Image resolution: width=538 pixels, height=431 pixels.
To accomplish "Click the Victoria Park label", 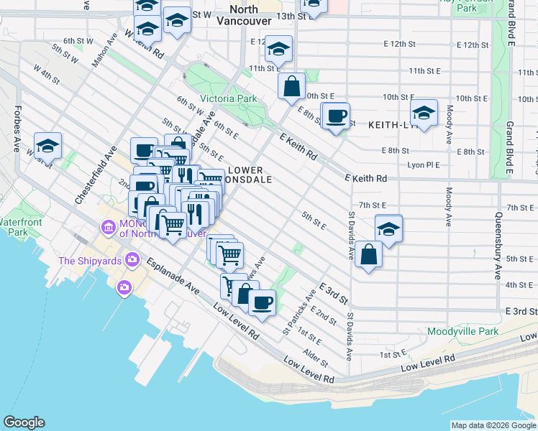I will (x=228, y=98).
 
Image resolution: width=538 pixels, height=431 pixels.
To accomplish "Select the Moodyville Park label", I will (x=462, y=332).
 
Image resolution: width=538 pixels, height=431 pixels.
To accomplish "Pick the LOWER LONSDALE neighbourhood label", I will (x=249, y=175).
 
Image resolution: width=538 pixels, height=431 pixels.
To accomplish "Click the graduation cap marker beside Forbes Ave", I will (x=48, y=146).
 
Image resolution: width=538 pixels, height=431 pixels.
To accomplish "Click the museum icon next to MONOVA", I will (x=109, y=228).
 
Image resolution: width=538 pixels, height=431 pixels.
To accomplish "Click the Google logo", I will (x=24, y=422).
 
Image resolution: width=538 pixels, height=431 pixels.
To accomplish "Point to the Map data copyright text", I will (x=493, y=425).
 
